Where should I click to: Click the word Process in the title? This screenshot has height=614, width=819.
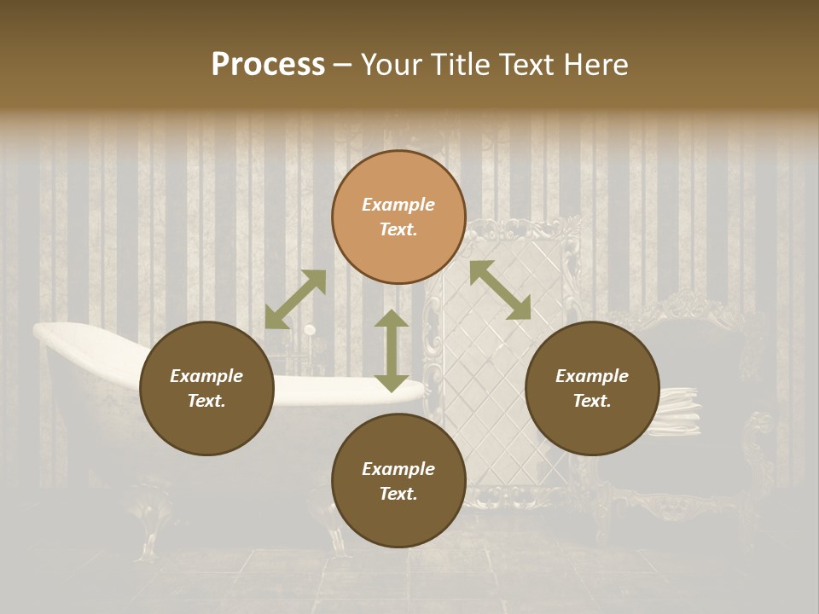268,65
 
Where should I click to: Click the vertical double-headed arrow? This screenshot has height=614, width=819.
392,350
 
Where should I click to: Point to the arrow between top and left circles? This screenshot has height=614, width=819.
295,299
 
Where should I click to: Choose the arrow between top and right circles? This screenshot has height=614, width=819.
500,290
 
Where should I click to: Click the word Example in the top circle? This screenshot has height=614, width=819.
398,205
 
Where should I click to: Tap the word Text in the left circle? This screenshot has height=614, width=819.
206,401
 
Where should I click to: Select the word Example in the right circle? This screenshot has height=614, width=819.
592,376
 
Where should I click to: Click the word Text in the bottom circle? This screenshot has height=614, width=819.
398,494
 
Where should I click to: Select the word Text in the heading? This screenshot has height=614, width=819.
527,65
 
